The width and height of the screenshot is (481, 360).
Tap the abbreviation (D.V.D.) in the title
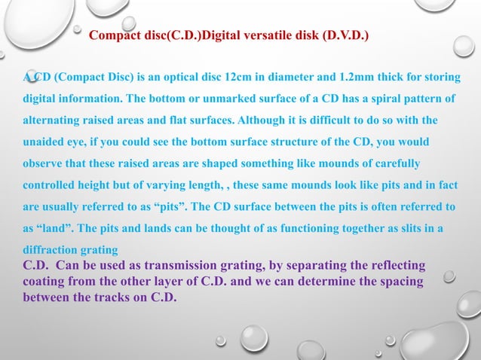(345, 35)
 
